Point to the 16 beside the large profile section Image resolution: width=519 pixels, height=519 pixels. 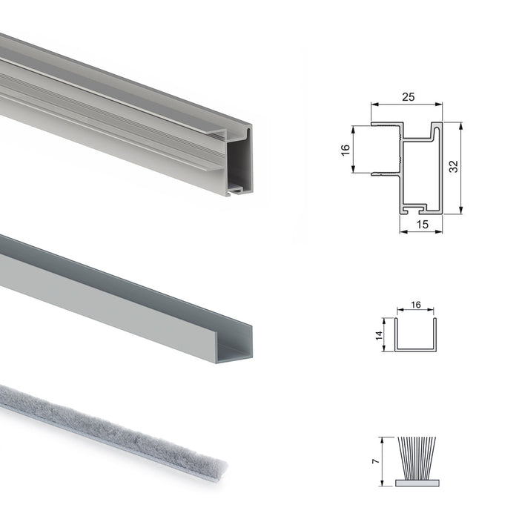tap(345, 150)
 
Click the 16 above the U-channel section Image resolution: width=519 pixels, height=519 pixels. tap(415, 305)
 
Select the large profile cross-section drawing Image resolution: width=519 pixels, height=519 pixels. tap(415, 167)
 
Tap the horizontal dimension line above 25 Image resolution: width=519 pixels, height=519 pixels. tap(407, 105)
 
